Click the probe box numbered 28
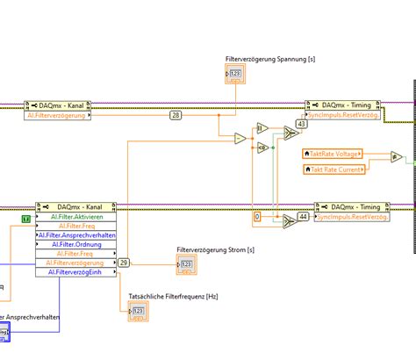[176, 115]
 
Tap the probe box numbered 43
[303, 124]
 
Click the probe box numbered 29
[124, 262]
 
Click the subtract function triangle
[240, 138]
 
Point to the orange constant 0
[257, 216]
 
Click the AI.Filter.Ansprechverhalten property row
[77, 234]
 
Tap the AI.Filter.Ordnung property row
[77, 243]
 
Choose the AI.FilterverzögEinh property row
[77, 271]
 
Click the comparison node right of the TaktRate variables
[397, 156]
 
